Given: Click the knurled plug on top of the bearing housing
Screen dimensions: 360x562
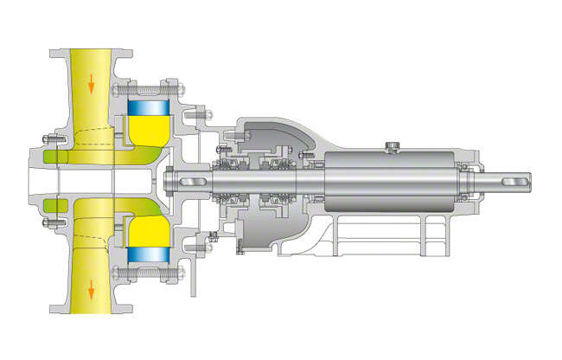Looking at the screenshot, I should pos(394,143).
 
